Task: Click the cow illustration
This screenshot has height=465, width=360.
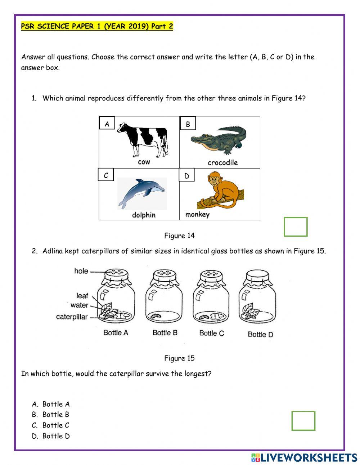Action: (x=142, y=139)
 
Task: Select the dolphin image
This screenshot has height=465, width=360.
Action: (x=142, y=192)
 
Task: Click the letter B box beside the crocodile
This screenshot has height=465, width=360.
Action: (x=188, y=124)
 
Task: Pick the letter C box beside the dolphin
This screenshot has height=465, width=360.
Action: (x=106, y=175)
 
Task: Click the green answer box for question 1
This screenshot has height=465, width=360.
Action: (x=295, y=227)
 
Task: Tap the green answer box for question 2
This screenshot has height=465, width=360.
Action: (x=303, y=421)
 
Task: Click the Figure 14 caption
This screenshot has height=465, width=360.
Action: (x=179, y=236)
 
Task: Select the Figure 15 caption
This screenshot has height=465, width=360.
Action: (x=179, y=358)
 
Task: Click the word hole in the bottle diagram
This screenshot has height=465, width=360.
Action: (x=81, y=271)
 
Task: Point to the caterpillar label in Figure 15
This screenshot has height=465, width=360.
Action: (x=72, y=317)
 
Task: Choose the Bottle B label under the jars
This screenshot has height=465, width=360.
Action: (x=165, y=332)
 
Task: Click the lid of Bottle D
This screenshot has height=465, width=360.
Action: (x=257, y=278)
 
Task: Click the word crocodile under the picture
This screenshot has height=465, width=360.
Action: (x=222, y=162)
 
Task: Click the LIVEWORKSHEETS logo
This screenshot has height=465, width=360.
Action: (x=304, y=457)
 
